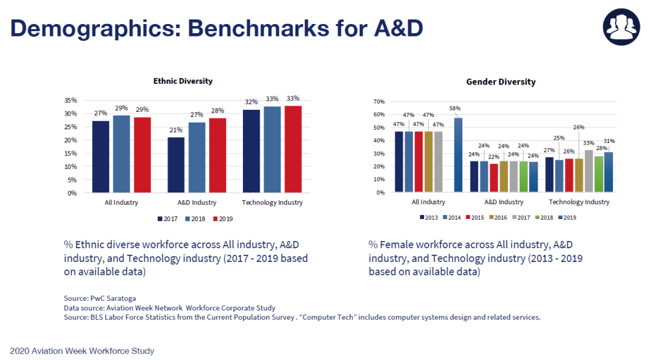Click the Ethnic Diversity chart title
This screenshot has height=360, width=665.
(182, 81)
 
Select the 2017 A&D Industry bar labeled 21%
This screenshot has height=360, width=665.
(176, 165)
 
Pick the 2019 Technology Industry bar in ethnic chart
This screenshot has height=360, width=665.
(294, 149)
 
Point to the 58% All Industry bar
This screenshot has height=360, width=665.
(458, 155)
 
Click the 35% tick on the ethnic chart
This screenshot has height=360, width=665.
(71, 101)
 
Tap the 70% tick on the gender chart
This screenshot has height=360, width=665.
(379, 102)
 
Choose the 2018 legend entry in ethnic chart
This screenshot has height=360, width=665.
(195, 219)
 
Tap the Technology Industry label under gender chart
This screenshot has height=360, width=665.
(579, 202)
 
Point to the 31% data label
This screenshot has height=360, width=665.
(610, 141)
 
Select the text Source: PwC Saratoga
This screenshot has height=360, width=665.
(99, 298)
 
